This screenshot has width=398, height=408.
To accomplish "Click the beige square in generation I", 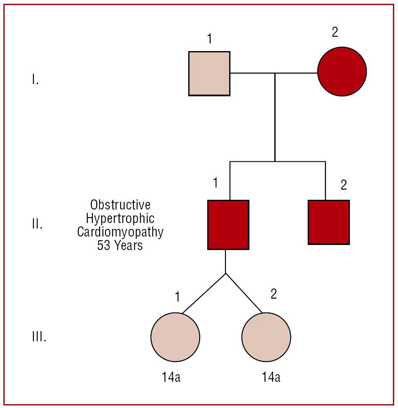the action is click(x=209, y=73).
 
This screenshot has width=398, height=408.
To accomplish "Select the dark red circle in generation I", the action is click(x=342, y=71).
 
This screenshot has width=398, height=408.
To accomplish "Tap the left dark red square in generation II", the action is click(x=228, y=225).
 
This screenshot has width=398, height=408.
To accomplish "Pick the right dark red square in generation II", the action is click(x=329, y=222).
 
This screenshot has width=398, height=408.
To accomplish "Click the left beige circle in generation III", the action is click(x=175, y=337).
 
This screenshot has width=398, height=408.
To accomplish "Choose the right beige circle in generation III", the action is click(x=266, y=337).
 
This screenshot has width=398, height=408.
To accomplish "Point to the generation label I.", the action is click(x=35, y=79).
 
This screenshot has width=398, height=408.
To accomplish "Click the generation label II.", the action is click(x=37, y=224).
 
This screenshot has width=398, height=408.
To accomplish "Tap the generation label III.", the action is click(x=39, y=337).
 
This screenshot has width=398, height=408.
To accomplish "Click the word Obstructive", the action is click(x=120, y=205).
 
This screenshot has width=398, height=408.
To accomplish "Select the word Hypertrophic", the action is click(x=120, y=219).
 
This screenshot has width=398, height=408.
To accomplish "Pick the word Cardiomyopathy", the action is click(x=120, y=232).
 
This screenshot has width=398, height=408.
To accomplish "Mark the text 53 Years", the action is click(x=120, y=245).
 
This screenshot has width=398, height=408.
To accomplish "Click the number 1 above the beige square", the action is click(x=209, y=39).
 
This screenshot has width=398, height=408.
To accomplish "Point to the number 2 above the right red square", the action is click(x=344, y=185).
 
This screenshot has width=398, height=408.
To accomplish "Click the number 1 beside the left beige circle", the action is click(x=178, y=297).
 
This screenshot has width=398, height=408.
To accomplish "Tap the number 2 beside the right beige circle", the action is click(x=274, y=294).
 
